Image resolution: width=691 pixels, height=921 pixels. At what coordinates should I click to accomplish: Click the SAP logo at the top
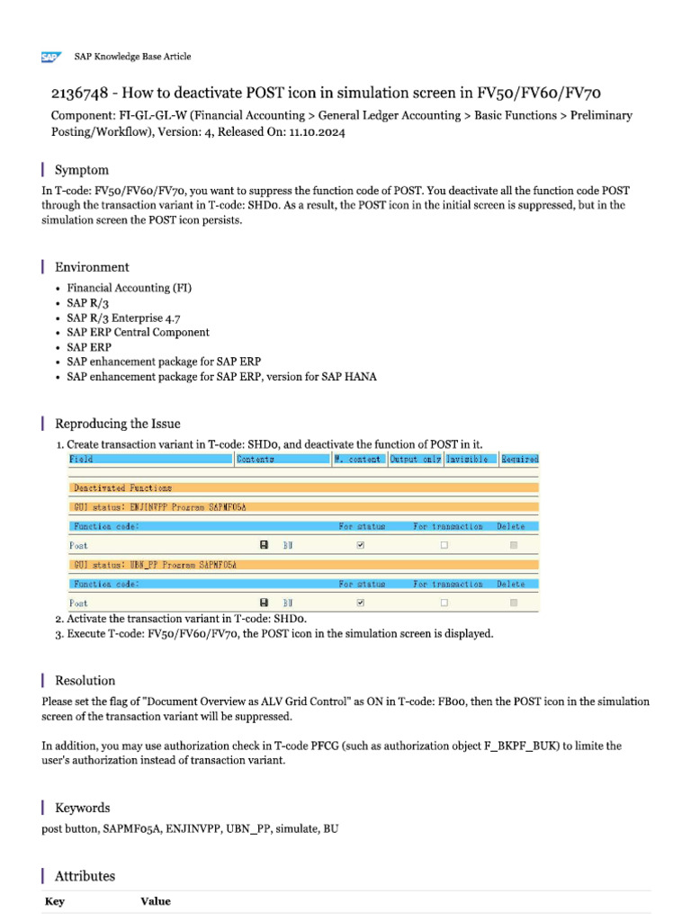point(49,57)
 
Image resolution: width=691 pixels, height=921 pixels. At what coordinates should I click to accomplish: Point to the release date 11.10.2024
point(316,131)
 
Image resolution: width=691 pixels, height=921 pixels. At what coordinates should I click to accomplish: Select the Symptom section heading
point(82,170)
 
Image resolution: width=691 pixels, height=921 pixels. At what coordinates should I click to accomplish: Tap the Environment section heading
point(92,267)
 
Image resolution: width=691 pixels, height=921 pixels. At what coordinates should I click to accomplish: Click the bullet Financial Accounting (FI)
point(130,288)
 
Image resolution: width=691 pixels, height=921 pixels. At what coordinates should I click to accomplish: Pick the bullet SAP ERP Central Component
point(138,332)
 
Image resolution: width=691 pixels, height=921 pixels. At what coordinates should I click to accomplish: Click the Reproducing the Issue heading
point(118,424)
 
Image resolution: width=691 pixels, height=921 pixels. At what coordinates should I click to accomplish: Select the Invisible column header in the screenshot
point(467,459)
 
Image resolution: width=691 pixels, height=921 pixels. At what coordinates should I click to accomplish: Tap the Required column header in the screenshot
point(520,459)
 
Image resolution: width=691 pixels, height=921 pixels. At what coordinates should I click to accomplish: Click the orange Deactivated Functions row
point(304,487)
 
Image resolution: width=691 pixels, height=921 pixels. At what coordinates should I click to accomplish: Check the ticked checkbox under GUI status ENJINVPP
point(361,545)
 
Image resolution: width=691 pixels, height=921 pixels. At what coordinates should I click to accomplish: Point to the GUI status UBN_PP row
point(304,564)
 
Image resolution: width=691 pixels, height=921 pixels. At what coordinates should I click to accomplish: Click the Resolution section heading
point(85,681)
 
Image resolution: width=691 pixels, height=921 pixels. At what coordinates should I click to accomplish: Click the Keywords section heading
point(83,808)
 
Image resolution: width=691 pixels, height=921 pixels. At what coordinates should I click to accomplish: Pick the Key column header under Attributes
point(55,901)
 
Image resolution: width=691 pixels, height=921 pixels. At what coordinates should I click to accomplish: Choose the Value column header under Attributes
point(155,901)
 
